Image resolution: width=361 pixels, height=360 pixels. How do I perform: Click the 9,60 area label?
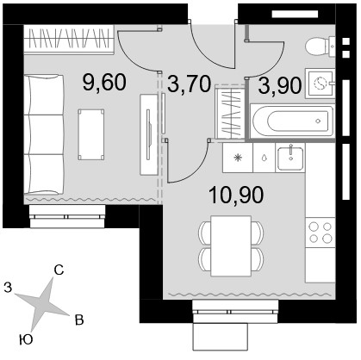tap(104, 82)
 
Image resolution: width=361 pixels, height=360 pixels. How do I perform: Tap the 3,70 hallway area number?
tap(190, 84)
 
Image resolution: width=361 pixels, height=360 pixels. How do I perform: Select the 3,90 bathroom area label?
tap(280, 85)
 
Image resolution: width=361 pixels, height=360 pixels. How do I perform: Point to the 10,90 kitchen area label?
tap(236, 195)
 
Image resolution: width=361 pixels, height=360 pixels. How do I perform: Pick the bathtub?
tap(292, 121)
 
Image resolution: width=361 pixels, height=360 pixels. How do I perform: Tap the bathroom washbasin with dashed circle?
tap(320, 84)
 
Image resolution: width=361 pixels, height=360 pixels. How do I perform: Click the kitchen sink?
tap(290, 158)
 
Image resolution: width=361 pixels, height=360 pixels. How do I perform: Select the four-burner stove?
tap(320, 233)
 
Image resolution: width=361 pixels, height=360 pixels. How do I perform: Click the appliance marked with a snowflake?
tap(238, 158)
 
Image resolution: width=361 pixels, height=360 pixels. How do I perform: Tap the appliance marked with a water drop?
tap(265, 158)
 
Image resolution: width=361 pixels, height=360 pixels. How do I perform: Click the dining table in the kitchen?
tap(231, 246)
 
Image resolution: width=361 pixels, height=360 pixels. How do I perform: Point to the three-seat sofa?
tap(44, 134)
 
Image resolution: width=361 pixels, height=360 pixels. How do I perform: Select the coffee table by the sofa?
tap(91, 134)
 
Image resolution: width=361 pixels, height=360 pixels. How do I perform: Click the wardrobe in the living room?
tap(68, 40)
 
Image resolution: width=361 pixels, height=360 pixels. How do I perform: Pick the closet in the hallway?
tap(230, 111)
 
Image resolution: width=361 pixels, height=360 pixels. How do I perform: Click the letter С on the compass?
tap(59, 270)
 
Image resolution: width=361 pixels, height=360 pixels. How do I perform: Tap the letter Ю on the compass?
tap(26, 340)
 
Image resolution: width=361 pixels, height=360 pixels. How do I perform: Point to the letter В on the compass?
tap(79, 320)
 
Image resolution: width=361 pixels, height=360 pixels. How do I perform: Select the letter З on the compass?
tap(8, 287)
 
